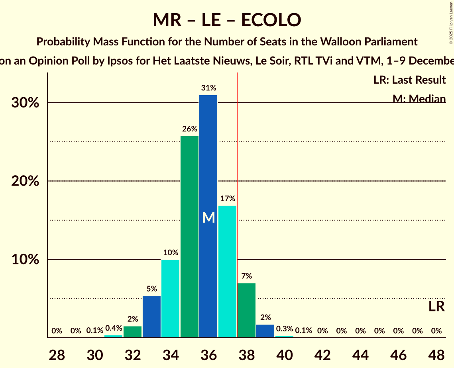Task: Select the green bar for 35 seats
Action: (x=189, y=237)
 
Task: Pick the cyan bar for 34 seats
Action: (x=170, y=298)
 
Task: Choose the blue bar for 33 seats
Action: (x=151, y=317)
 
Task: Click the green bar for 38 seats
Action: (x=246, y=310)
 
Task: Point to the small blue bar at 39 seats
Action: (x=265, y=331)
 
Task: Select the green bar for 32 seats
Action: (x=132, y=332)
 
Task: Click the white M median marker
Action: (x=208, y=217)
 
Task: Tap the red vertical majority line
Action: (x=237, y=199)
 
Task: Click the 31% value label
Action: (x=208, y=88)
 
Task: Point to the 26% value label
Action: (x=189, y=129)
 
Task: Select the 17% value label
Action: (x=227, y=198)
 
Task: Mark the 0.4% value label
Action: (x=113, y=329)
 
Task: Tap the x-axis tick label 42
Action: (x=322, y=354)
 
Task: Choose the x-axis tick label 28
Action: (x=57, y=354)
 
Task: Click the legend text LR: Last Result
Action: (x=409, y=80)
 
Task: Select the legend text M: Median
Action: (x=419, y=99)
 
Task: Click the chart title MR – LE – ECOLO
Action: (x=227, y=20)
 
